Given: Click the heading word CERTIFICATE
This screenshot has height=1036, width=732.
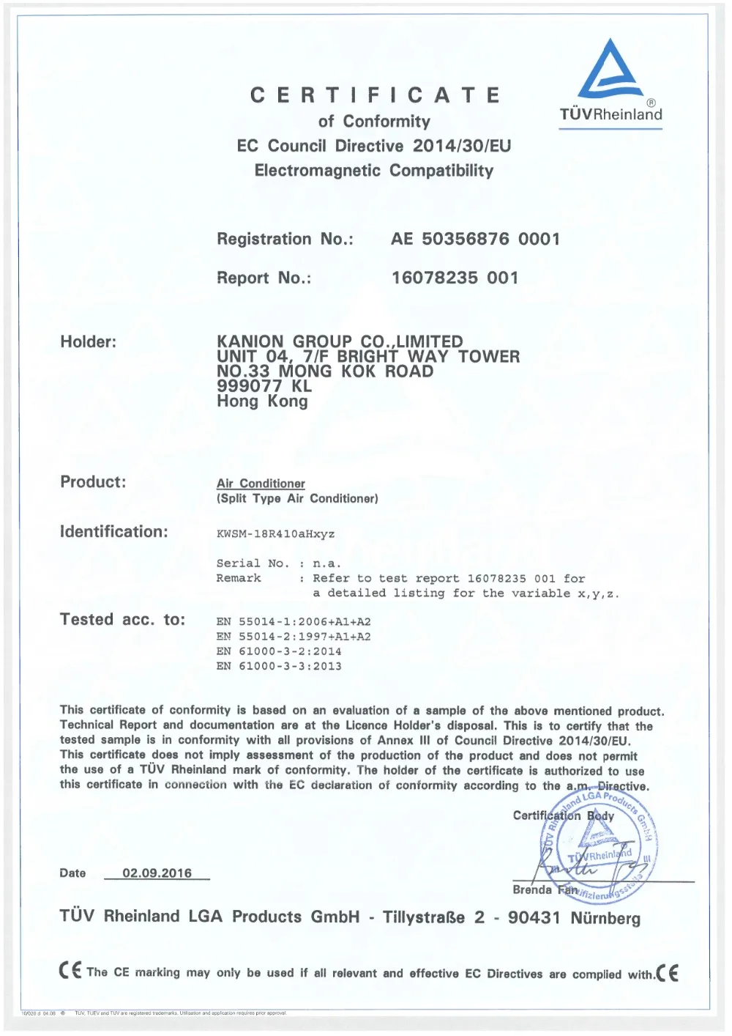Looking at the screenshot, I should (375, 95).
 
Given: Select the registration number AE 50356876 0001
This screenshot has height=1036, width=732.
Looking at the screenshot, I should (475, 239).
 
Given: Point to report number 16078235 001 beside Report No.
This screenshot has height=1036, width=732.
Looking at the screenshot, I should (455, 278).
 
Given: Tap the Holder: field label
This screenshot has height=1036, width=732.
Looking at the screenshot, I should (88, 341).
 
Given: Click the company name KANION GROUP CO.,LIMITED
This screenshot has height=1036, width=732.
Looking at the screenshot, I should (340, 341).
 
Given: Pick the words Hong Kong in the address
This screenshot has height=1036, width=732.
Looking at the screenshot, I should (262, 402).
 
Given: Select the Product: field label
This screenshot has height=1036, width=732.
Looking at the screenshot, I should (93, 482).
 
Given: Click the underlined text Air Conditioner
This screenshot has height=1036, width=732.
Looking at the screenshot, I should (261, 484).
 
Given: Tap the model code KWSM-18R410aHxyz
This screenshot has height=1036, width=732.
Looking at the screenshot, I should (275, 534).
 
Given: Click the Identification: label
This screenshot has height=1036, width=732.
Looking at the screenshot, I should (113, 532).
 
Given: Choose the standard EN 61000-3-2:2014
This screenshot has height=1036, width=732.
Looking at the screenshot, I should (279, 651).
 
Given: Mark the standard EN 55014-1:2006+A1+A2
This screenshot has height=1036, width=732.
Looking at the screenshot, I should (294, 622).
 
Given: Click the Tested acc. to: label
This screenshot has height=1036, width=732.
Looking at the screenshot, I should (122, 620).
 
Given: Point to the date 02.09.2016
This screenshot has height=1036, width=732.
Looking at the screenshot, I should (157, 873).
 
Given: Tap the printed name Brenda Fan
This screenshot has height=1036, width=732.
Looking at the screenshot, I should (545, 890).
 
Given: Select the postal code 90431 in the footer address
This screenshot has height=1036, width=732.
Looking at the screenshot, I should (534, 918).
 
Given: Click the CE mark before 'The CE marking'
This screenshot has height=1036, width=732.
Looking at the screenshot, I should (70, 972).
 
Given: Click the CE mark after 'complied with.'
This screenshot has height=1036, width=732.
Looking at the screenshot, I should (668, 973).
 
